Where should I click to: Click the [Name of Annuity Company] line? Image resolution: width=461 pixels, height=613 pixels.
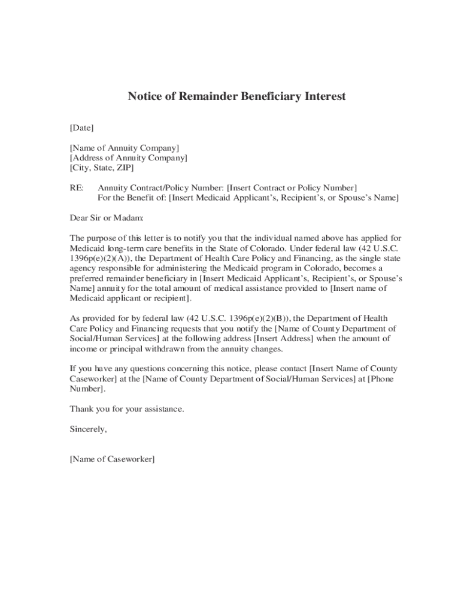(125, 148)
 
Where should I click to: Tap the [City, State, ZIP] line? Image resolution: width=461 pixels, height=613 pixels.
(102, 168)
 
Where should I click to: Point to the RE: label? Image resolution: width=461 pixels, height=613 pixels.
(77, 188)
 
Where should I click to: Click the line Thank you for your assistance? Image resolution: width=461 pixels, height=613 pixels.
(127, 409)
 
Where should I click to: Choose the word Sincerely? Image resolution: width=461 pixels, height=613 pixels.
(89, 429)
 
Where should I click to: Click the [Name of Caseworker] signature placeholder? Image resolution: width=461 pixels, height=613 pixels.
(112, 459)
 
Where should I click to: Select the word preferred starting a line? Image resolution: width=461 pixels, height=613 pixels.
(89, 278)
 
